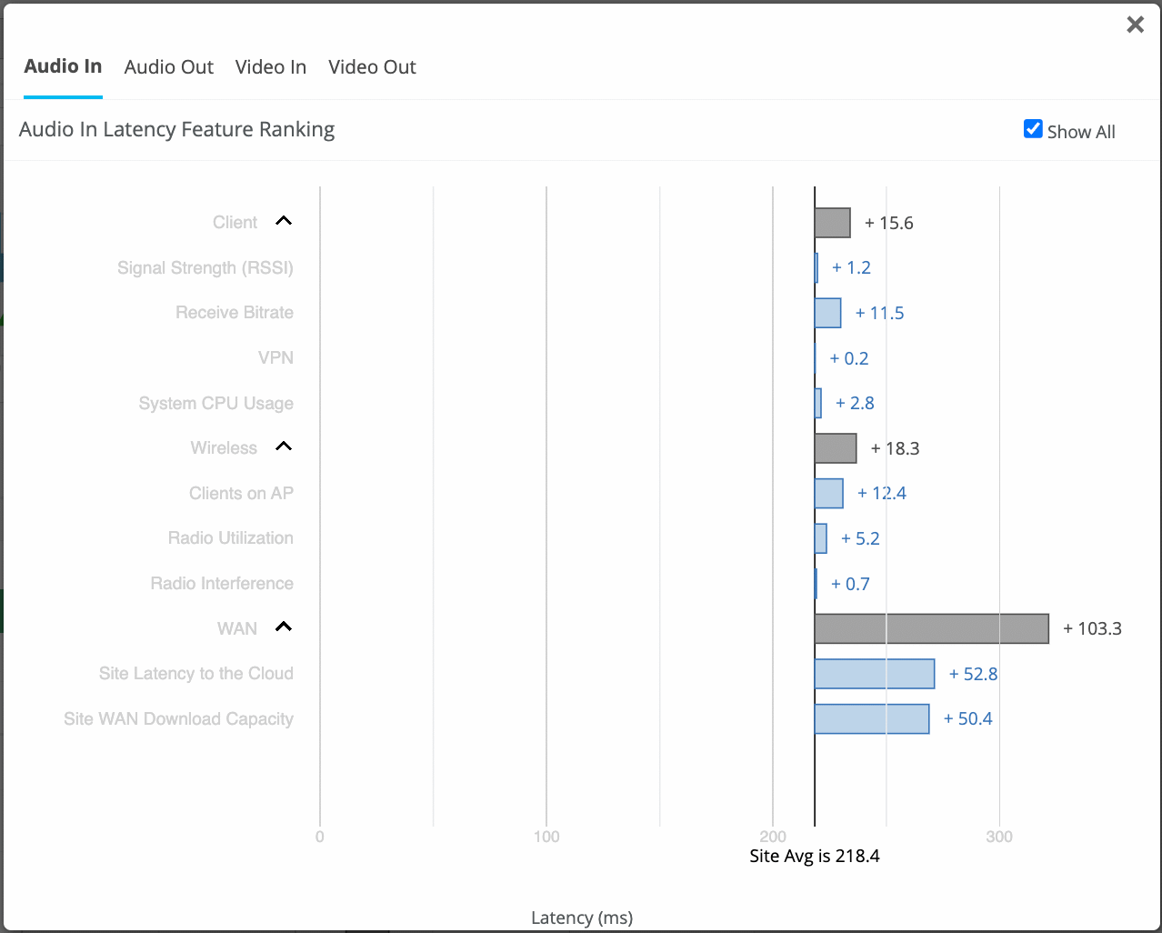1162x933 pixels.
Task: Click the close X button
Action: tap(1135, 25)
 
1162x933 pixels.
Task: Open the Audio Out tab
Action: tap(168, 67)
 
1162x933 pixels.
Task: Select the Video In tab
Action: tap(270, 67)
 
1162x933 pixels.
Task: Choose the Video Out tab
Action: tap(372, 67)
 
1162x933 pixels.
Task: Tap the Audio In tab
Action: tap(63, 66)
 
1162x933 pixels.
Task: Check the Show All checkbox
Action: tap(1033, 129)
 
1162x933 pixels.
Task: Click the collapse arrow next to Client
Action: tap(284, 221)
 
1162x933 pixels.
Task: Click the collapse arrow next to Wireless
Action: tap(284, 446)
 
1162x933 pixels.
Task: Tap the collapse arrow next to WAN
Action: tap(284, 627)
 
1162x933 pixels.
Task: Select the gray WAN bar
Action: tap(931, 628)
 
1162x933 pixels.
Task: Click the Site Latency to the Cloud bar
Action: tap(875, 674)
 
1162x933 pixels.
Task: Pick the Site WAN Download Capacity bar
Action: tap(872, 718)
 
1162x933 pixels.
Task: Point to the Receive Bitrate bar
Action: tap(827, 313)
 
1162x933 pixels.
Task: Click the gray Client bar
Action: tap(832, 223)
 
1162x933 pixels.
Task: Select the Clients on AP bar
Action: tap(828, 493)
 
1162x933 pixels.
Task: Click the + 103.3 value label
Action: tap(1092, 628)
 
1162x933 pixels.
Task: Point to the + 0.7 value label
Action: tap(850, 584)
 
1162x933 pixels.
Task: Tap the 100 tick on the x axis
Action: tap(546, 837)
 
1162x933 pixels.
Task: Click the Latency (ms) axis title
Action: tap(582, 918)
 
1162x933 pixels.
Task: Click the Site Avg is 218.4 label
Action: tap(814, 856)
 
